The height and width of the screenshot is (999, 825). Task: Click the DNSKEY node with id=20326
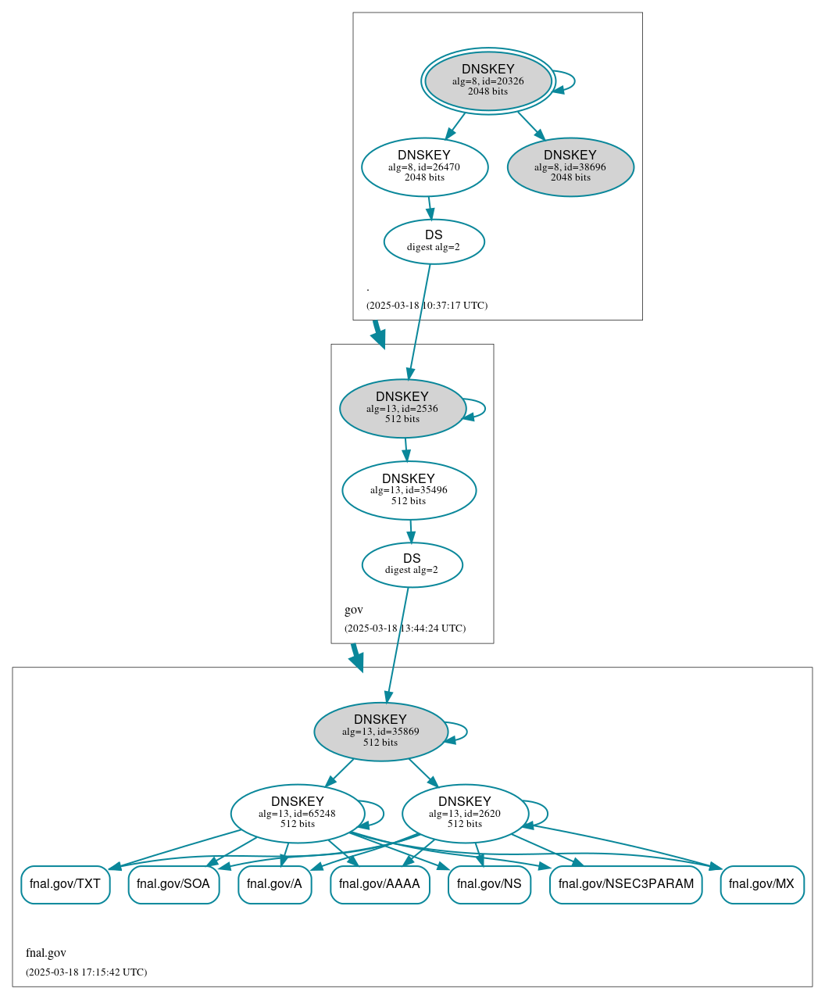point(488,81)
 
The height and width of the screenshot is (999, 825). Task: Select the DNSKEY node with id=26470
point(424,166)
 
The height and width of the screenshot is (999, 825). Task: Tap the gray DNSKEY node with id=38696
point(570,166)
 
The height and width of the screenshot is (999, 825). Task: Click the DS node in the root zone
point(434,242)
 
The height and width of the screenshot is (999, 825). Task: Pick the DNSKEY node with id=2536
point(402,408)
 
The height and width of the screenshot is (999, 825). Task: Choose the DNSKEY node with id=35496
point(409,490)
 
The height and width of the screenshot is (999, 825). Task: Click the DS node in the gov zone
point(412,564)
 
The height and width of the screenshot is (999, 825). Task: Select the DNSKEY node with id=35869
point(380,732)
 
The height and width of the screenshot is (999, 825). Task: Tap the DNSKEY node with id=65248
point(298,813)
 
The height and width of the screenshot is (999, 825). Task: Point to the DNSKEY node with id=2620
point(465,813)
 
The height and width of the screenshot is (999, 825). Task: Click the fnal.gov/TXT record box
point(65,884)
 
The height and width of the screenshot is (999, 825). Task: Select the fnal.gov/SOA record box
point(173,884)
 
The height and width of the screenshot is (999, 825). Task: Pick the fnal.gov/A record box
point(274,884)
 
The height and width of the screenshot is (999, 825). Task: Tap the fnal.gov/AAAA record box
point(380,884)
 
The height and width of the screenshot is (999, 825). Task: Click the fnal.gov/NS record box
point(489,884)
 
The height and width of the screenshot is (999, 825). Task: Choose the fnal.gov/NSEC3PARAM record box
point(626,884)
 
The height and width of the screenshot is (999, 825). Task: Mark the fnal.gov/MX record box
point(762,884)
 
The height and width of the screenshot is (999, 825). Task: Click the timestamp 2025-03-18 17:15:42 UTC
point(86,972)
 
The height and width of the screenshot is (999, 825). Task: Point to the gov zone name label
point(354,610)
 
